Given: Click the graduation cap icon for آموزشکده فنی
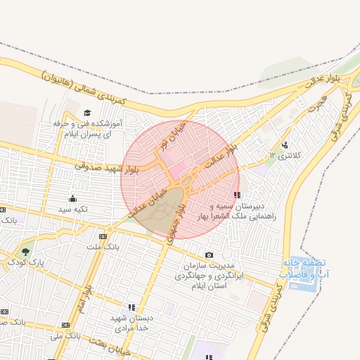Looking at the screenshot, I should click(87, 112).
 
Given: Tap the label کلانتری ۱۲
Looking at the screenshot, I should click(285, 155).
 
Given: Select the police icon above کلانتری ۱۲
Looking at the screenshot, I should click(285, 145).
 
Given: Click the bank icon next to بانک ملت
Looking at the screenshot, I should click(105, 236).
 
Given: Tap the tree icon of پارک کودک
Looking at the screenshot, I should click(26, 251).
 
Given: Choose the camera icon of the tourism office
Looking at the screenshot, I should click(208, 255).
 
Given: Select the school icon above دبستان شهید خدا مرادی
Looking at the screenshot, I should click(131, 307).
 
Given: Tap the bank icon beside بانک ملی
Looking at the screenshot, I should click(67, 326).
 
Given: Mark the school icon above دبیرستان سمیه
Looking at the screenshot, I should click(237, 195).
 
